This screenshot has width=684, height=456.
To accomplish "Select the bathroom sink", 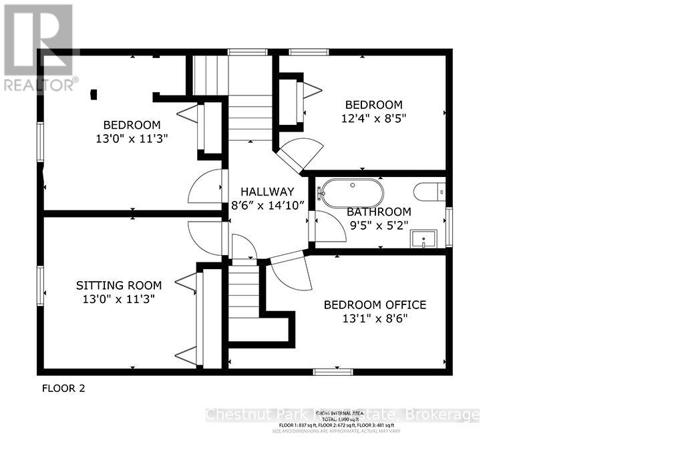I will [423, 238].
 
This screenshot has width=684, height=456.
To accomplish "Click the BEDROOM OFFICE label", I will [375, 305].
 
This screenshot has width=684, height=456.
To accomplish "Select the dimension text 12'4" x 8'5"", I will [373, 118].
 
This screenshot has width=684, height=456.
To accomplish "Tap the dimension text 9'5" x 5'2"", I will [379, 226].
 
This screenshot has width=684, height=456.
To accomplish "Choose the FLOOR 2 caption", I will [63, 388].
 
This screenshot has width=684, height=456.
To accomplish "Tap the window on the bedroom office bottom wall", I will [333, 371].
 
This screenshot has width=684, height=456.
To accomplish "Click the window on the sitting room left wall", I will [40, 286].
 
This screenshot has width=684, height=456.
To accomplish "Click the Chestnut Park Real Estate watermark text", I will [342, 415].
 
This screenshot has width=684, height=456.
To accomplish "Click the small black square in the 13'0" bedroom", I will [94, 95].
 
